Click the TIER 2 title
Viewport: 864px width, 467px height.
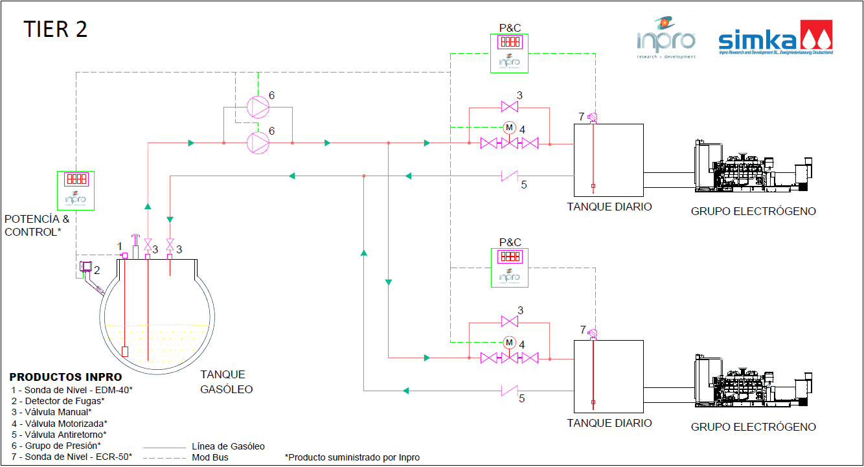(x=56, y=29)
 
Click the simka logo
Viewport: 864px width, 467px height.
(x=775, y=40)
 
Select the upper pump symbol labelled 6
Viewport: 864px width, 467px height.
(x=258, y=106)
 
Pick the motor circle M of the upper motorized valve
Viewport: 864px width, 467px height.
(x=509, y=128)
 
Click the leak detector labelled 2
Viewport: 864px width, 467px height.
(x=85, y=268)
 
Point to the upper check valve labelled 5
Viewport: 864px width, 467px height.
(x=510, y=175)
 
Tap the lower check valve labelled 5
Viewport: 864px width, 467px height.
(x=510, y=390)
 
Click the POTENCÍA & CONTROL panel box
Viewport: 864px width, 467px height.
(x=76, y=190)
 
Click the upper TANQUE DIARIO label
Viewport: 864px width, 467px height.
(x=609, y=207)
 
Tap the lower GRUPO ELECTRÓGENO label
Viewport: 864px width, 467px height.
(x=753, y=427)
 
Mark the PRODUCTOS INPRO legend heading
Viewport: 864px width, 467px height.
(x=65, y=377)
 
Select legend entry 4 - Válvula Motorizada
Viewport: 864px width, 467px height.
(x=59, y=423)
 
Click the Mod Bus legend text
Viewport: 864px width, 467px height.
(x=210, y=457)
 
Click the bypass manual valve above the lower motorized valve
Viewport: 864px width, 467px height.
(x=510, y=321)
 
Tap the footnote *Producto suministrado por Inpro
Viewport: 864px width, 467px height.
(x=352, y=457)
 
